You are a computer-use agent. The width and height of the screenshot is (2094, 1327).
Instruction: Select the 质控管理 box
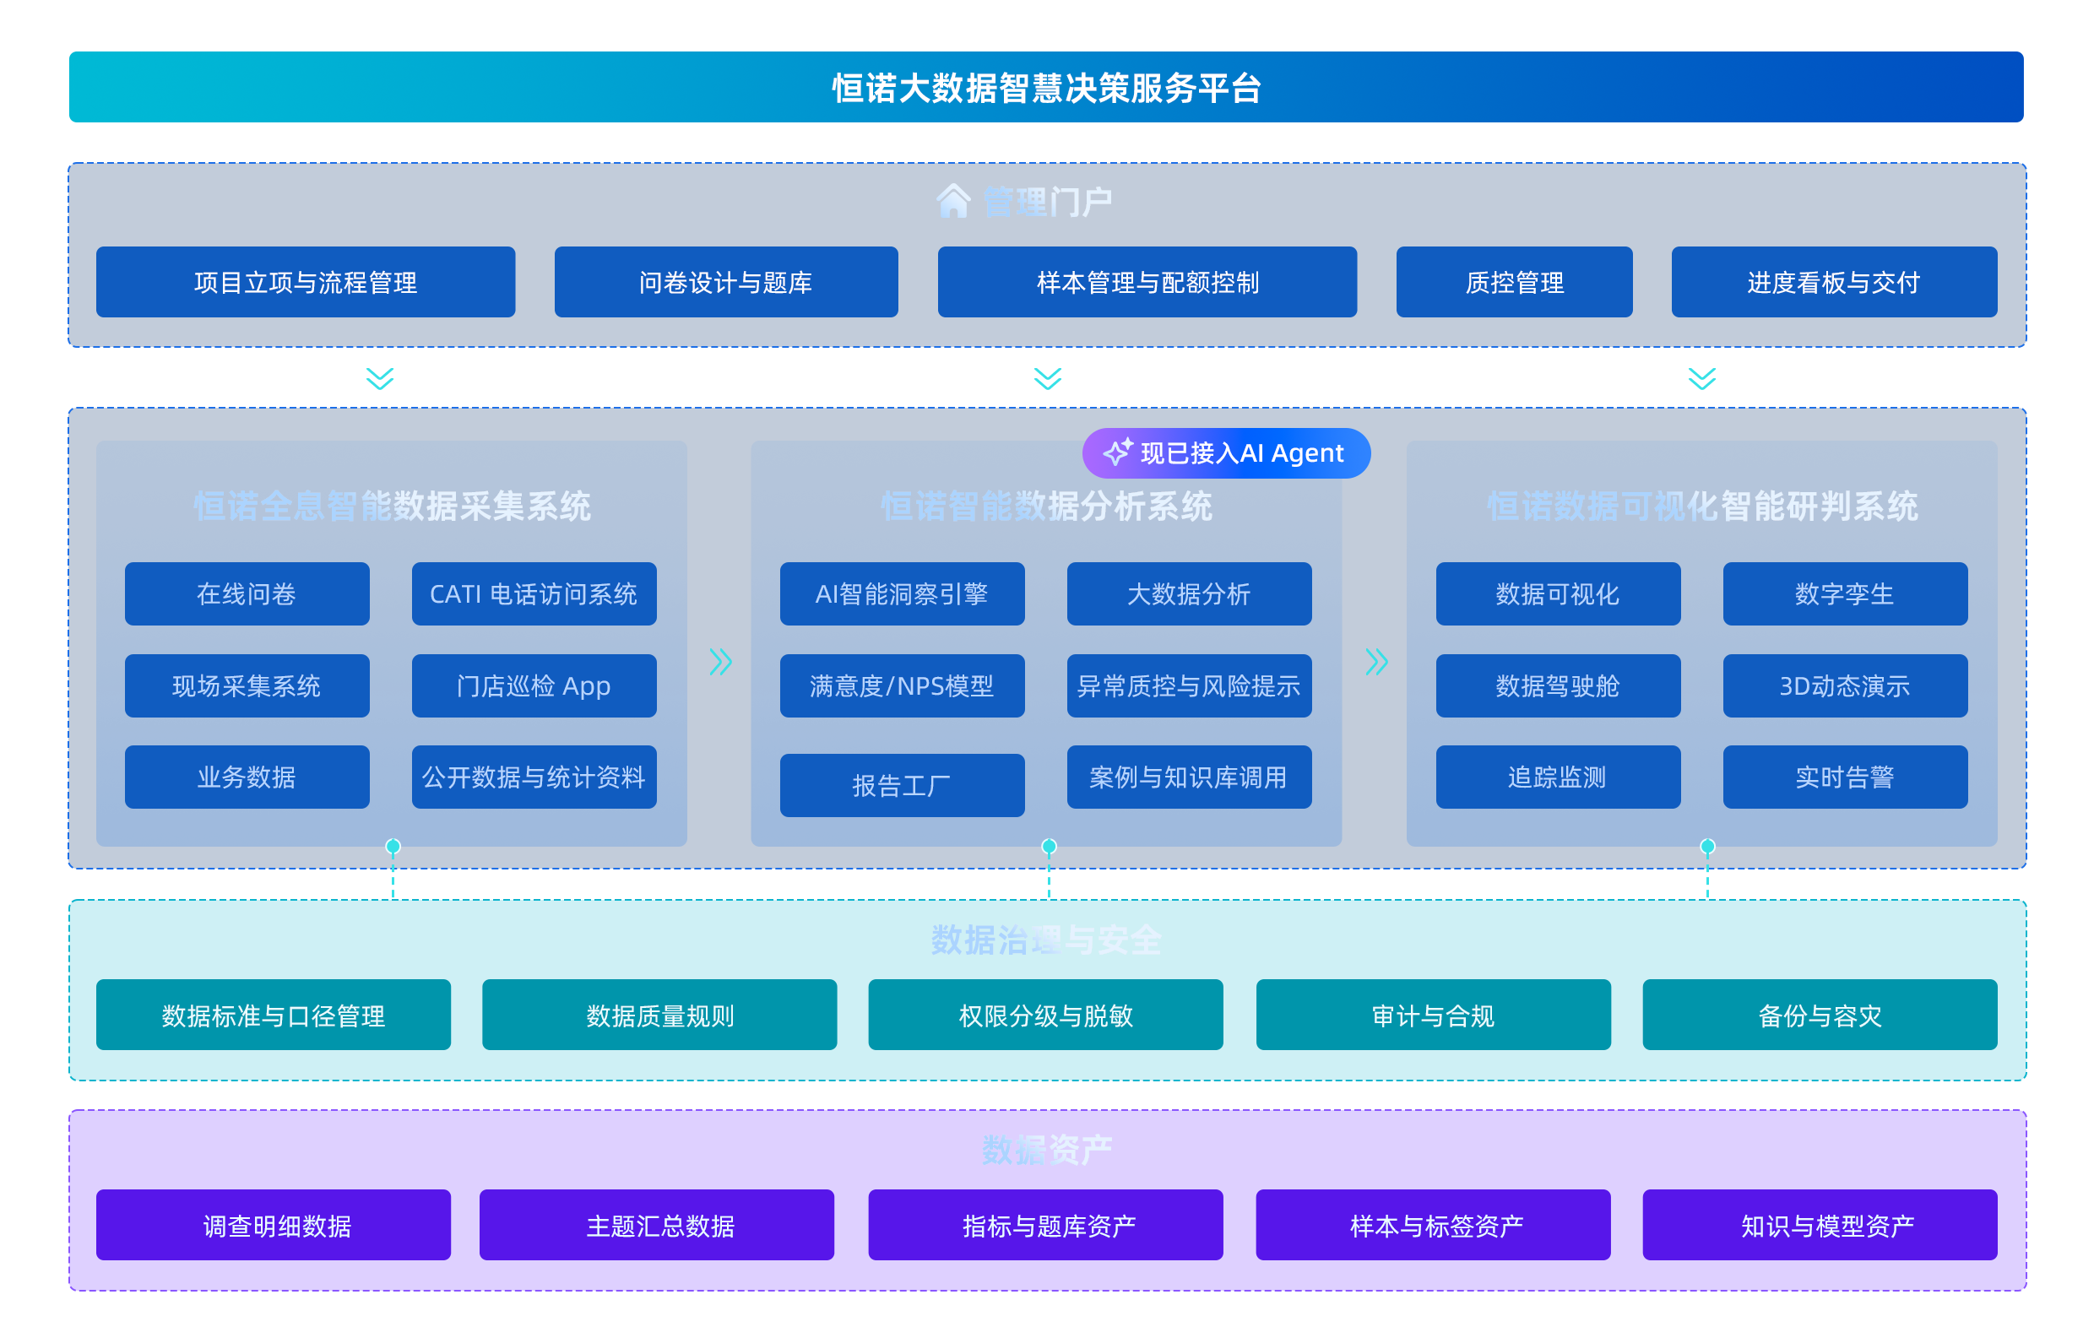[1513, 282]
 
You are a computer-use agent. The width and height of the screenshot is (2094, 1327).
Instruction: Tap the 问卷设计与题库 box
[725, 282]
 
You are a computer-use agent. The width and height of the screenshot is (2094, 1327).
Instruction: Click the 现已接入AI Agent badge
[1225, 453]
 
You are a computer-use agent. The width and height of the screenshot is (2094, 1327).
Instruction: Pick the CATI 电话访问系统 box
[533, 594]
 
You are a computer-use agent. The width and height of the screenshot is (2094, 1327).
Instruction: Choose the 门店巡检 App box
[533, 685]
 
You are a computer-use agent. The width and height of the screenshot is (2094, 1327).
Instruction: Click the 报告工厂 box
[901, 785]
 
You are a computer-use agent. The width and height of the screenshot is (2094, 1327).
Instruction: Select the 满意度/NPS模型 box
[901, 685]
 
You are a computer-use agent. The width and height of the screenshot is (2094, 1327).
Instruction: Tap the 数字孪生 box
[1844, 594]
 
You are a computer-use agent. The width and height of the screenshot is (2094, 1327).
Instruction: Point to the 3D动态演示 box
[1844, 685]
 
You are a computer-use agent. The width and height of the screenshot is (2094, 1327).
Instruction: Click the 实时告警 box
[1844, 777]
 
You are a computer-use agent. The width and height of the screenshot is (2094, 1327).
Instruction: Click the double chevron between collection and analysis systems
[720, 662]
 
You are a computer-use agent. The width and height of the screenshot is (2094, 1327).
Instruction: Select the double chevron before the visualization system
[1375, 662]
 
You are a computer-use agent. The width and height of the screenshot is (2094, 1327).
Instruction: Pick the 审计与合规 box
[1432, 1015]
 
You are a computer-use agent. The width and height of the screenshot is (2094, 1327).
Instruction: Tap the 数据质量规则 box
[659, 1015]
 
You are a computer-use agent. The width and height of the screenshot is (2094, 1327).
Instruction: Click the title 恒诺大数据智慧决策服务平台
[1046, 87]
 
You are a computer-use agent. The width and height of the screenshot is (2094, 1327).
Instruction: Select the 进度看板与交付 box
[1833, 282]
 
